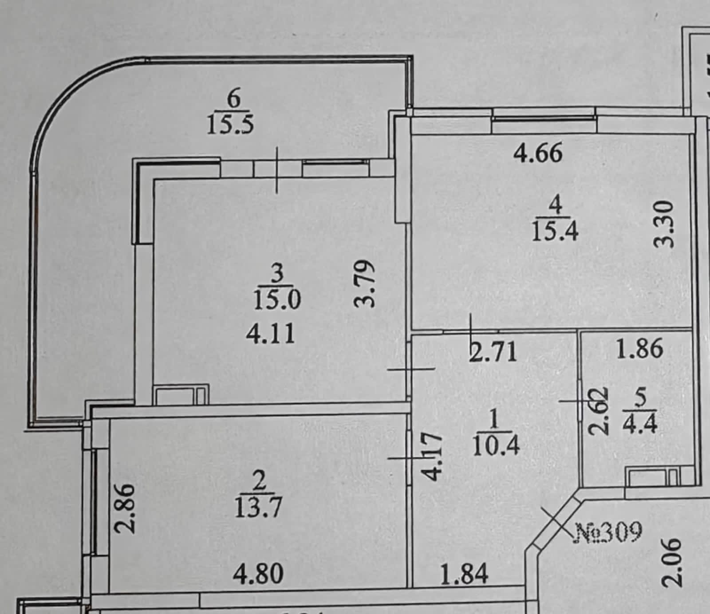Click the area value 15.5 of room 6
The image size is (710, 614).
point(231,125)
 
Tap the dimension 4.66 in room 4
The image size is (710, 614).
point(538,153)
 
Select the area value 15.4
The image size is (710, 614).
point(555,231)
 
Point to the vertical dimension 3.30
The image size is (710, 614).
point(665,224)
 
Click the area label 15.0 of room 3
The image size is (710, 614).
point(277,299)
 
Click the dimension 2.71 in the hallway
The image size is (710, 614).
point(493,352)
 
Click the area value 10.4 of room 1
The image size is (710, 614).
point(496,446)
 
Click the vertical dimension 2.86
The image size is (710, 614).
point(124,508)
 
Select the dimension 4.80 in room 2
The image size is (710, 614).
point(258,574)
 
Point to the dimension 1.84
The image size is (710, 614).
point(465,574)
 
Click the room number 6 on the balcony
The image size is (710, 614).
point(233,99)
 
